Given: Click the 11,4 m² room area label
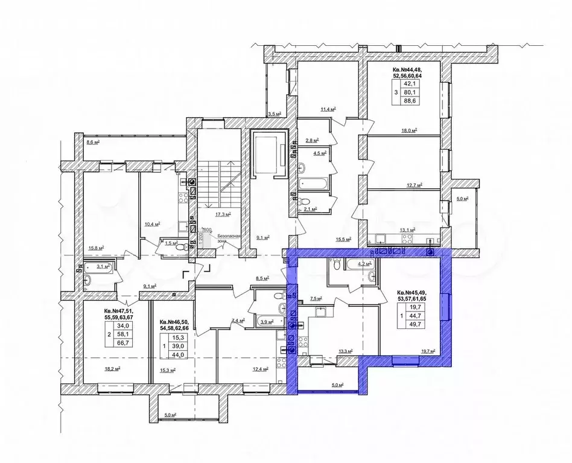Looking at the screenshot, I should tap(328, 109).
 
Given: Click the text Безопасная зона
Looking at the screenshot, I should tap(229, 239).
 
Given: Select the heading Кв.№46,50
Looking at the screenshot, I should tap(174, 322).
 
